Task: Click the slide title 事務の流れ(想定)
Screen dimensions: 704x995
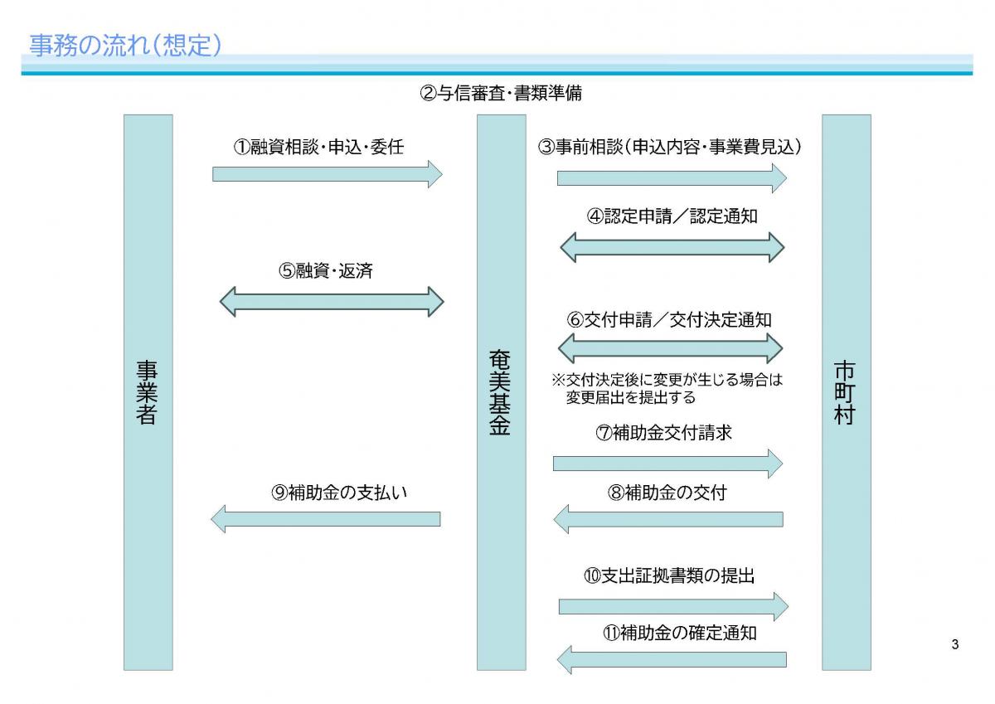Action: [125, 46]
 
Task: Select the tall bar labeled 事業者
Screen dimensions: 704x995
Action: [148, 391]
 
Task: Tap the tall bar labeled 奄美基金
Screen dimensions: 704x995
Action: [501, 391]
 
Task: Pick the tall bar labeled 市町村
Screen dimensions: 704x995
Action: [846, 391]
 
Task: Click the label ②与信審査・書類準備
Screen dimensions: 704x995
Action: [501, 93]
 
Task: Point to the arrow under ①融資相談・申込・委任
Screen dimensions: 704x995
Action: [328, 174]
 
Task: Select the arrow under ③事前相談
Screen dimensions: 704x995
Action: [671, 177]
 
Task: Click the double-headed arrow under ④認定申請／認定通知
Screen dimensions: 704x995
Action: [672, 246]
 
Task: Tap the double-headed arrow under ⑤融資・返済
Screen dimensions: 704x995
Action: [332, 301]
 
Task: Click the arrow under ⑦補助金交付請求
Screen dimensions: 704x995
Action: [667, 463]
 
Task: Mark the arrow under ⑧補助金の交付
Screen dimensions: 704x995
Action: [667, 519]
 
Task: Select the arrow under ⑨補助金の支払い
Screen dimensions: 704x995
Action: [325, 519]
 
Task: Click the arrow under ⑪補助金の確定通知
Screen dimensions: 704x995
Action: [671, 660]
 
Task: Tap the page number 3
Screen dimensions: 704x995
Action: [955, 645]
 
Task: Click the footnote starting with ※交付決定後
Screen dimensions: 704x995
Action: [667, 389]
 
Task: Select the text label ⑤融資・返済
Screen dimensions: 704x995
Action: [326, 270]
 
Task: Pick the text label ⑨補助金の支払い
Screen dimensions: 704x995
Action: [339, 492]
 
